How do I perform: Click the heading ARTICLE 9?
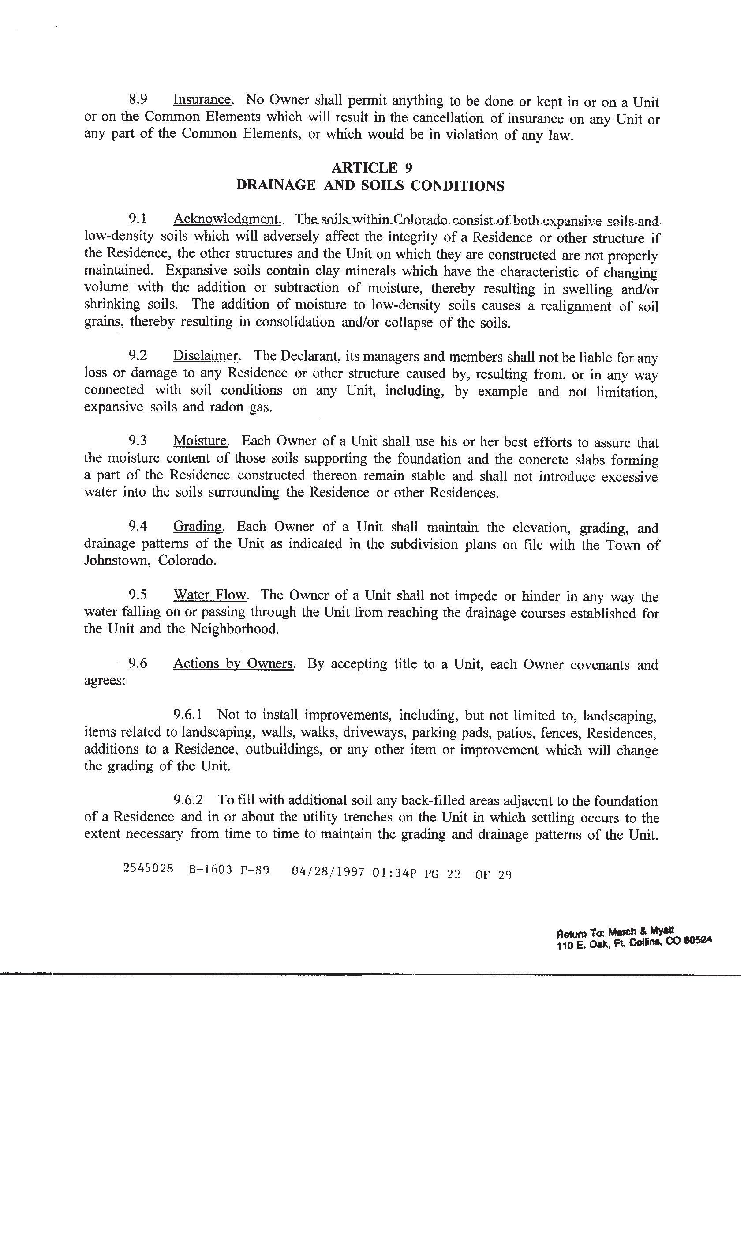coord(371,168)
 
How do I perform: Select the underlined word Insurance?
coord(203,100)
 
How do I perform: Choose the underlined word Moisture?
coord(201,441)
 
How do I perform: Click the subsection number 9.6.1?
coord(187,714)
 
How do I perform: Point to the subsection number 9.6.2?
coord(187,799)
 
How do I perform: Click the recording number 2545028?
coord(148,868)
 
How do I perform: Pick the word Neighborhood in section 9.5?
coord(234,629)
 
